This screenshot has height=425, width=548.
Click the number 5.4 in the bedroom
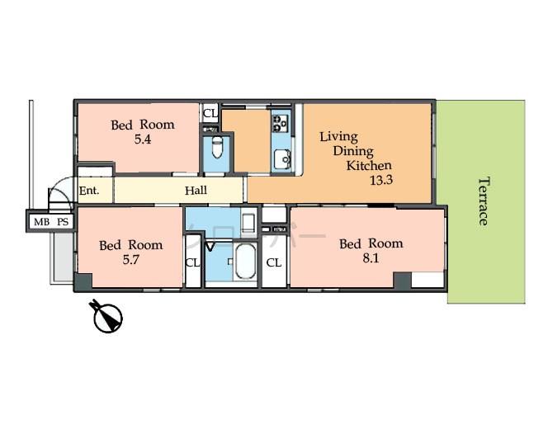pos(144,139)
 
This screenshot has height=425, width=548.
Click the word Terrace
pos(482,201)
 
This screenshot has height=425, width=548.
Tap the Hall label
pos(196,191)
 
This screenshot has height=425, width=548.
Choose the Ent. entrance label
pos(89,191)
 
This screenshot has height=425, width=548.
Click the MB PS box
pos(50,222)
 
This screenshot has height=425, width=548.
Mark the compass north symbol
pos(107,316)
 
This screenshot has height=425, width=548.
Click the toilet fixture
pos(216,149)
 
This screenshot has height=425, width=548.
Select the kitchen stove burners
pos(280,124)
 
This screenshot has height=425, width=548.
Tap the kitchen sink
pos(281,157)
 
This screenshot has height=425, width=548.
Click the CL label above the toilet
pos(210,112)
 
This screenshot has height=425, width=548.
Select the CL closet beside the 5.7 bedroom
pos(192,263)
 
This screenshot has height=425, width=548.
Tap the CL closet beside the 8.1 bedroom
pos(274,263)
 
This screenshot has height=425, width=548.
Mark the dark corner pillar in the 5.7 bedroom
pos(83,282)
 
